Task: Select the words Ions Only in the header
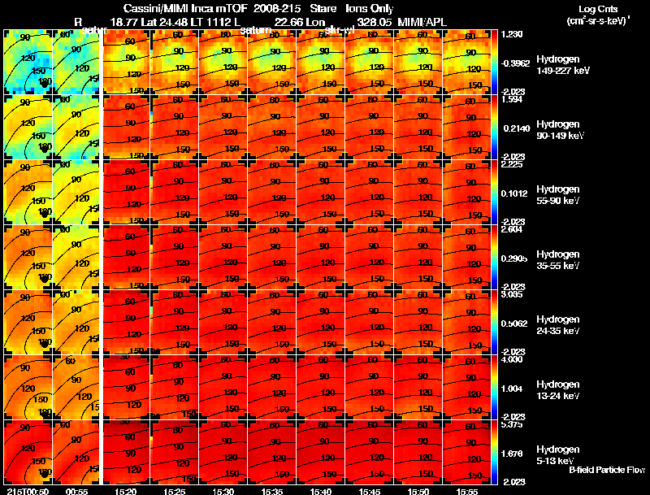[x=370, y=8]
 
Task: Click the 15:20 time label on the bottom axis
[x=125, y=490]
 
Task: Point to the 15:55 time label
[x=467, y=490]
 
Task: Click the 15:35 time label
[x=271, y=490]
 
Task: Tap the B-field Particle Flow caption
[x=606, y=470]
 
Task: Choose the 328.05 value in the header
[x=383, y=22]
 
